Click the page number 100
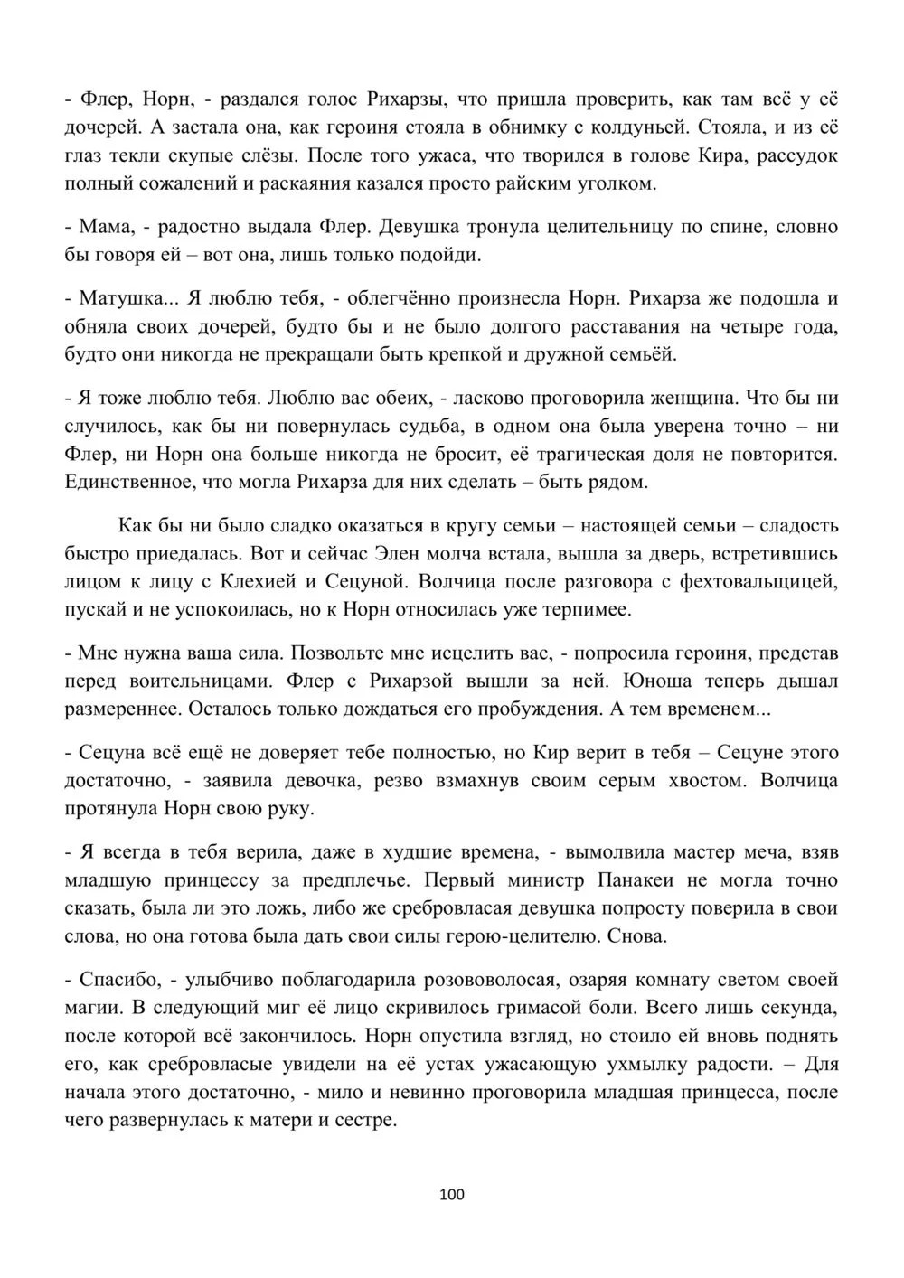(451, 1195)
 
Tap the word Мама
(106, 226)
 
